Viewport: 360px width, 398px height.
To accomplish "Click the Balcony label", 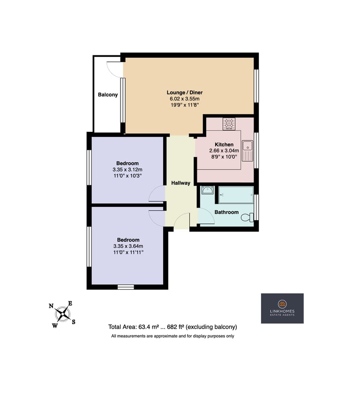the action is coord(108,95).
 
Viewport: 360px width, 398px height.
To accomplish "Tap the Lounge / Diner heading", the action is coord(185,92).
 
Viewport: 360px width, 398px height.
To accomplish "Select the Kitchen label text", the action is coord(224,145).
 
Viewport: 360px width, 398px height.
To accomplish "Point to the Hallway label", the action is coord(180,183).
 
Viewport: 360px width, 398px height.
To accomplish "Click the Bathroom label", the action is coord(226,212).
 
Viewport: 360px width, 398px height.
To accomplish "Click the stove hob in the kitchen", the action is coord(229,123).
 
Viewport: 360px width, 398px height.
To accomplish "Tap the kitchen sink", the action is coord(247,151).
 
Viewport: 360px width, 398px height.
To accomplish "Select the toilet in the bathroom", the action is coord(247,217).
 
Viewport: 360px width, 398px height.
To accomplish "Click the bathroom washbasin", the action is coord(208,190).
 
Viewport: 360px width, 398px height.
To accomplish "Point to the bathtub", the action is coord(236,195).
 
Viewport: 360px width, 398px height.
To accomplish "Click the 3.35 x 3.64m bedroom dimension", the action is coord(128,246).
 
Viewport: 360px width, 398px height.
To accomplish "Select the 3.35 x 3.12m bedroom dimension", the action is coord(127,169).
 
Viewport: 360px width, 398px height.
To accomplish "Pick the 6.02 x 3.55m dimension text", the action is coord(185,99).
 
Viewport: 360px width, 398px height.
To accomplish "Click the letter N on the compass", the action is coord(51,306).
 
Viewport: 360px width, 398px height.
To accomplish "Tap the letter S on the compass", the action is coord(74,322).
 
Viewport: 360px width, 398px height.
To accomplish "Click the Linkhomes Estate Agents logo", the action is coord(282,308).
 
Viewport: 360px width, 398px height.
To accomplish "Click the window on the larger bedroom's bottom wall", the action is coord(126,287).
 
